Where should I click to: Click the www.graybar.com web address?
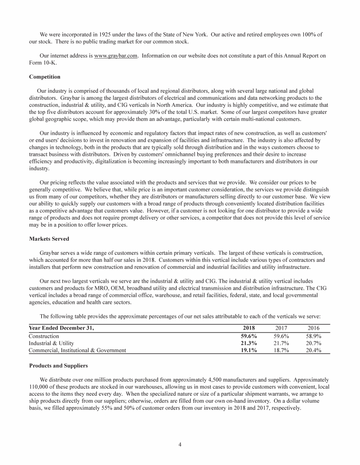116,56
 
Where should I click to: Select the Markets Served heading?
49,239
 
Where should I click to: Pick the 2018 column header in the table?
249,328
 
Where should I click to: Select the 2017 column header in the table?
280,328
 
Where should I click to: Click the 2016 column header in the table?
312,328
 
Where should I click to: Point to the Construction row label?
44,336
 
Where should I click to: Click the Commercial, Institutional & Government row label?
77,350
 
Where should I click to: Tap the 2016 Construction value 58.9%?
312,336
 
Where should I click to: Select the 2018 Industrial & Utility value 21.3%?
248,343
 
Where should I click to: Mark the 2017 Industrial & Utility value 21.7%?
281,343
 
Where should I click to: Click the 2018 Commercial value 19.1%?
248,350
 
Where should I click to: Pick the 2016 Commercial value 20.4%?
312,350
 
